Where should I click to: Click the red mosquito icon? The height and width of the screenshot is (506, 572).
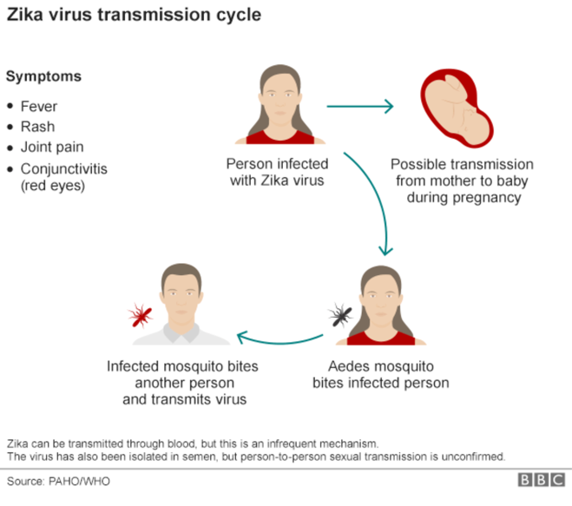[139, 315]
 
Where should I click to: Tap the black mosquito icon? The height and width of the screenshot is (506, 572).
[339, 314]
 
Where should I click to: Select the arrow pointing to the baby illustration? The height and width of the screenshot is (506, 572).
[359, 108]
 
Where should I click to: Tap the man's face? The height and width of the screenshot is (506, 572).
[181, 300]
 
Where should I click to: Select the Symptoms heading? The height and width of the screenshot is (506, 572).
[43, 76]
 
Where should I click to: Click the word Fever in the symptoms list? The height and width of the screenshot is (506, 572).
[38, 106]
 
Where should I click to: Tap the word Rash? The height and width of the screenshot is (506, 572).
[37, 127]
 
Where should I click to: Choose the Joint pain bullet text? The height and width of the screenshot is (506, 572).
[52, 147]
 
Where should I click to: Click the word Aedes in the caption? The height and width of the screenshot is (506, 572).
[348, 366]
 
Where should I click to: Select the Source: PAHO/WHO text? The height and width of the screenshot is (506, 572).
[58, 481]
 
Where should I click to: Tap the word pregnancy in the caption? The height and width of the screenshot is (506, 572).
[487, 197]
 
